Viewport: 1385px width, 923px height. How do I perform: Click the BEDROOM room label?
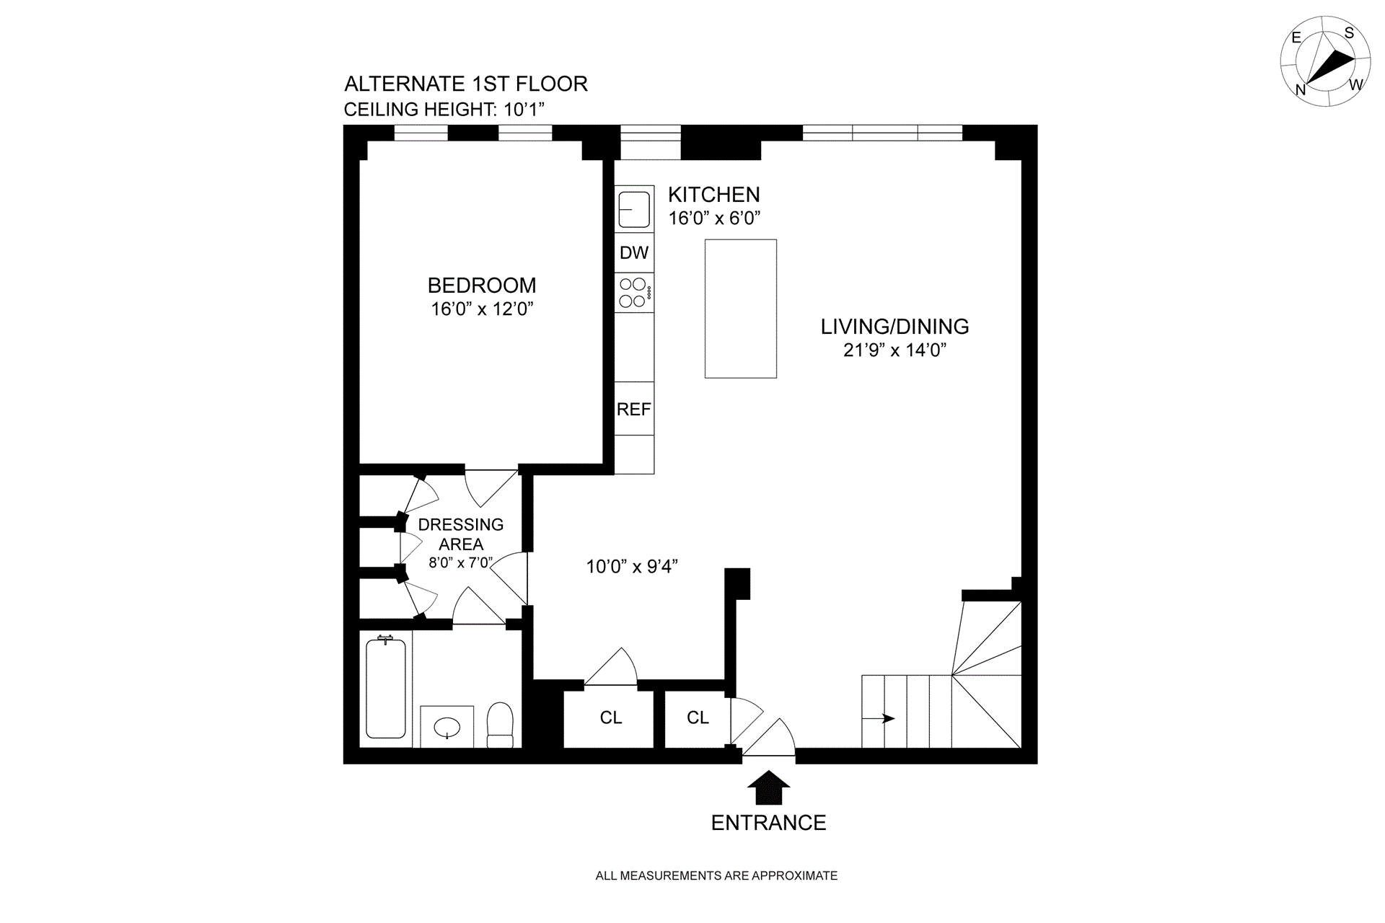481,286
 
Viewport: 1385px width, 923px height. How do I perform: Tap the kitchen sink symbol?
634,209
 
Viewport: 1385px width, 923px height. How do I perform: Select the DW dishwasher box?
634,252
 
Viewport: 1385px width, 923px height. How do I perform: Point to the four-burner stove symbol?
634,293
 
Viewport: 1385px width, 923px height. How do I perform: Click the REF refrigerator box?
634,409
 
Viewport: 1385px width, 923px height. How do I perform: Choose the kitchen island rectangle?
740,309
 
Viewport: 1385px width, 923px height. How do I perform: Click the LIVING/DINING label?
894,327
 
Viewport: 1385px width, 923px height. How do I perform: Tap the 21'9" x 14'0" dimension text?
894,350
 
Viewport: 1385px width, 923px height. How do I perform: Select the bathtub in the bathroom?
386,688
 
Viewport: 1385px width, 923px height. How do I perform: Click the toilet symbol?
500,724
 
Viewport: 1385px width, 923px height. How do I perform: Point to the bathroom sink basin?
447,728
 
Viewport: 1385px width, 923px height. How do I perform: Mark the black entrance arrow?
769,787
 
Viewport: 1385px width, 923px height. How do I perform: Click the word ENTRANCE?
768,823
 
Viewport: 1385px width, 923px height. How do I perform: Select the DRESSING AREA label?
461,534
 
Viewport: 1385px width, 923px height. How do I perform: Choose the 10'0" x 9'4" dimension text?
632,567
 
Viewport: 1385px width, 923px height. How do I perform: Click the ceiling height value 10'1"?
524,110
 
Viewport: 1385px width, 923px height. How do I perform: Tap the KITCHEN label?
713,195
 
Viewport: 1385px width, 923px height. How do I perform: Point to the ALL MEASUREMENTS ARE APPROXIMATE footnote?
716,875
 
